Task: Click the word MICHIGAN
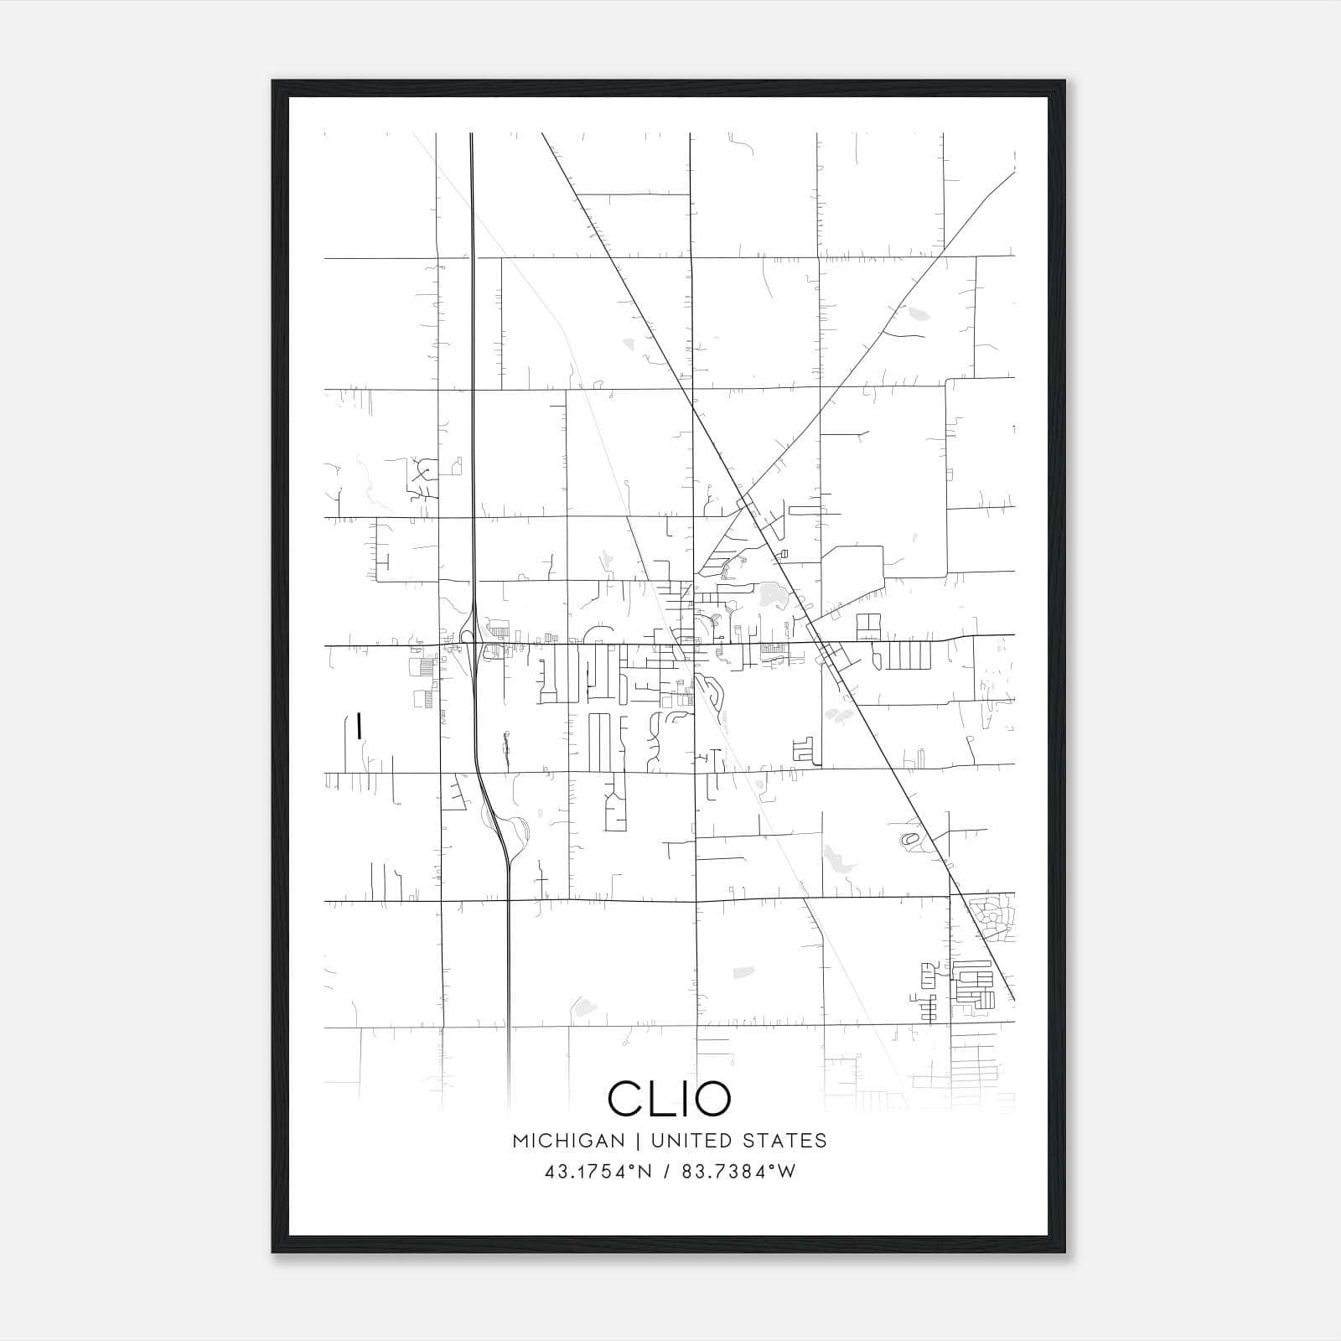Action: pos(569,1141)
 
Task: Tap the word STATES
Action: pos(785,1141)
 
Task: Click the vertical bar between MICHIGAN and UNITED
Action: pos(638,1141)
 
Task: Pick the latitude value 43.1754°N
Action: pos(598,1172)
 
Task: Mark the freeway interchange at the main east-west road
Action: pos(473,645)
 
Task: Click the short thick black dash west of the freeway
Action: pos(359,726)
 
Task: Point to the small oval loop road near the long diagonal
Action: pos(909,838)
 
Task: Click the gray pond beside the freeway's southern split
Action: pos(520,831)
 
